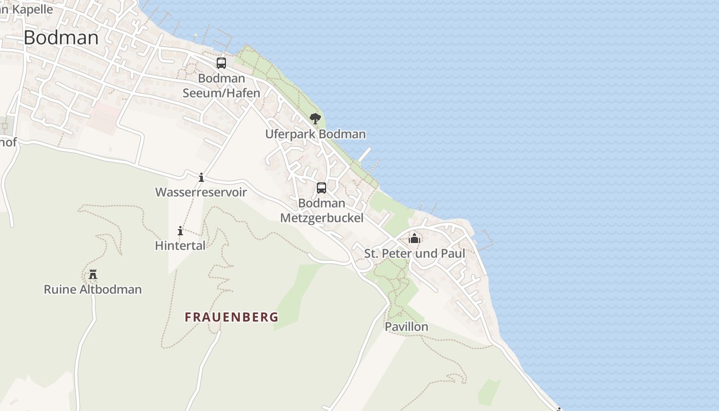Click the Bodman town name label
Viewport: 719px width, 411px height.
click(x=61, y=38)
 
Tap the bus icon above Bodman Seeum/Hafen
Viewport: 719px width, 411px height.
click(x=221, y=63)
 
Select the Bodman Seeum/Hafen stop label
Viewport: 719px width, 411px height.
click(x=221, y=86)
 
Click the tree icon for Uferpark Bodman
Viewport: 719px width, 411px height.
click(x=315, y=119)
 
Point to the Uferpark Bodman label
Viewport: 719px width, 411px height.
click(x=315, y=134)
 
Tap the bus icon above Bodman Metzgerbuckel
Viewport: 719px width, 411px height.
click(x=321, y=188)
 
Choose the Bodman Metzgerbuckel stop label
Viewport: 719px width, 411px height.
click(x=321, y=211)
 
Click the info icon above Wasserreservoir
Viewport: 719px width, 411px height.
click(x=201, y=178)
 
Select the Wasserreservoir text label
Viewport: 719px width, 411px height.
click(x=201, y=193)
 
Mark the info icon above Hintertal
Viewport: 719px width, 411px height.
click(x=180, y=231)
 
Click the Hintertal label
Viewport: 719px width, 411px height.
click(x=180, y=246)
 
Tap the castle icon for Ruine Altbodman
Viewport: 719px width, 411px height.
click(x=93, y=274)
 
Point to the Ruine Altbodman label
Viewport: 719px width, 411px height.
click(x=92, y=289)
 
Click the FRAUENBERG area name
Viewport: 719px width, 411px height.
click(x=232, y=317)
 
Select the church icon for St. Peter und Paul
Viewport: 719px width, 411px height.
click(x=414, y=238)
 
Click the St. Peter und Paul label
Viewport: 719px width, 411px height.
click(x=414, y=253)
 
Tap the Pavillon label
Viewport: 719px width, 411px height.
click(x=406, y=327)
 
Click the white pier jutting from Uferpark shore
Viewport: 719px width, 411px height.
click(x=365, y=154)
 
